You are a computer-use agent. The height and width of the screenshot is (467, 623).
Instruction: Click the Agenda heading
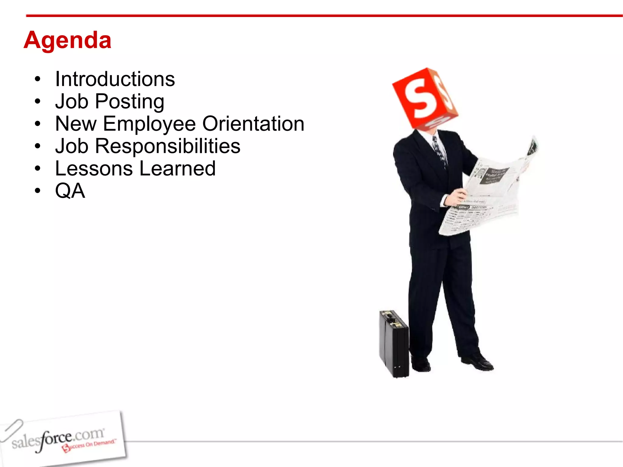(68, 40)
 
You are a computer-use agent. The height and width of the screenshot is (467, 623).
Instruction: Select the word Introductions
(115, 79)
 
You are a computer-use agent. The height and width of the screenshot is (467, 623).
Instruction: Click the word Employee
(149, 124)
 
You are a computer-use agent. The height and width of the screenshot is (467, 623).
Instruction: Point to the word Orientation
(253, 124)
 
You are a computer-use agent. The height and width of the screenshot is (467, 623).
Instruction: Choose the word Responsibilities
(167, 146)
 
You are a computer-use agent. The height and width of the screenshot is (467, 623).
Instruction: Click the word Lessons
(94, 168)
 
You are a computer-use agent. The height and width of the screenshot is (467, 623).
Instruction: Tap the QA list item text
(70, 191)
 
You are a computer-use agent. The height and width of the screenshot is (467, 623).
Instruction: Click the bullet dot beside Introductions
(37, 79)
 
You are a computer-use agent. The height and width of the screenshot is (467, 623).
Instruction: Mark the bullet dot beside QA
(37, 191)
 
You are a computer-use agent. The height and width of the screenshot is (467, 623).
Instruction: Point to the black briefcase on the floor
(394, 344)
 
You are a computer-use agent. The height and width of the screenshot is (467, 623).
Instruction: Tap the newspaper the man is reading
(487, 195)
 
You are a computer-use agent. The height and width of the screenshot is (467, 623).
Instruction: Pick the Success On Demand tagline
(90, 445)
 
